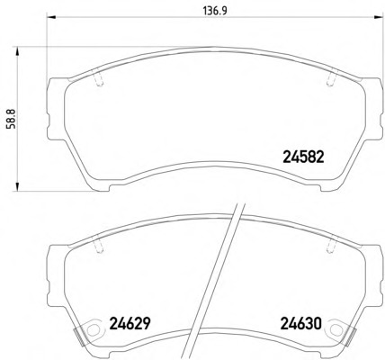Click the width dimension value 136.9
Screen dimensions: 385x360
coord(216,11)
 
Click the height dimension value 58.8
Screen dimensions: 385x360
coord(12,119)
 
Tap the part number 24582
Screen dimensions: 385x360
coord(303,157)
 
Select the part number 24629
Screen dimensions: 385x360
coord(130,323)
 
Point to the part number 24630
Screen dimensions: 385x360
coord(300,323)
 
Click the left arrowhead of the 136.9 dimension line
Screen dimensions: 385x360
coord(51,17)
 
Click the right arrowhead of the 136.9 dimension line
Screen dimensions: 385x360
coord(379,17)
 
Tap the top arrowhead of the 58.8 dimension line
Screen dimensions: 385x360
coord(17,51)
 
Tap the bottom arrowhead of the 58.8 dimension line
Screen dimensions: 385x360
coord(17,186)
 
